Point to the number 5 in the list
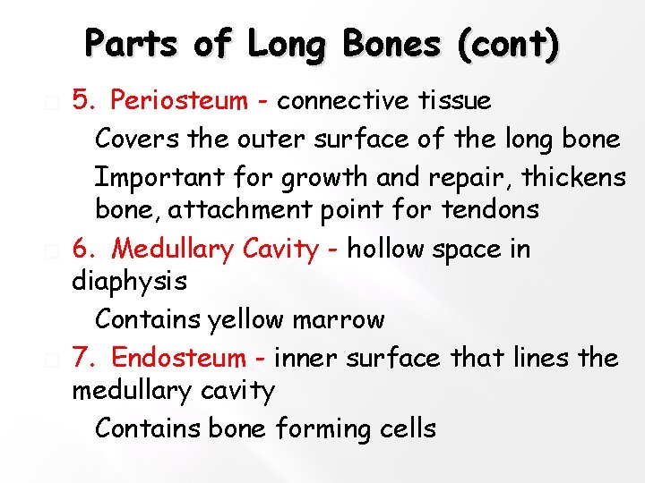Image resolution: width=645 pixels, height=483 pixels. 80,101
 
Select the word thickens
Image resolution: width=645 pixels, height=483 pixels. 573,177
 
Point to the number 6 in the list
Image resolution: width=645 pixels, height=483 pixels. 80,248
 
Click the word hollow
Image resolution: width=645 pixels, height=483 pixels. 386,248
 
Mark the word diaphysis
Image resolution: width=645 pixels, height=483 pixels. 129,282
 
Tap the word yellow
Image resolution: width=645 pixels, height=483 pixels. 252,319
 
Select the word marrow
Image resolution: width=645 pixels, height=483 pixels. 345,319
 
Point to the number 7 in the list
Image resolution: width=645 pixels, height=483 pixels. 80,358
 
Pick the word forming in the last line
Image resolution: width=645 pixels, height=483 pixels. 314,429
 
